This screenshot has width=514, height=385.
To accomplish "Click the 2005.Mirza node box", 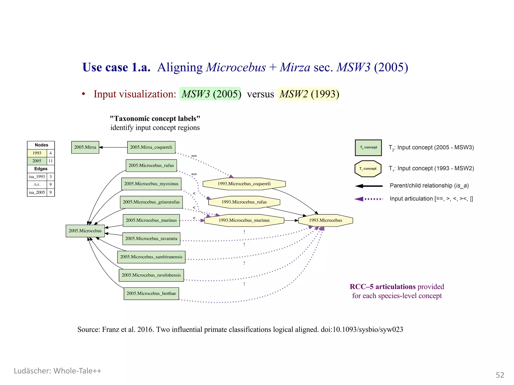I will pos(85,147).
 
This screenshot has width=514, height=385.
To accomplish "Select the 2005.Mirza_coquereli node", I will pos(151,147).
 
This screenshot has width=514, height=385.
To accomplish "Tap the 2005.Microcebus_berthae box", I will pos(151,294).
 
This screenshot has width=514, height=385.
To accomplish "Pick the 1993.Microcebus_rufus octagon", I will pos(244,202).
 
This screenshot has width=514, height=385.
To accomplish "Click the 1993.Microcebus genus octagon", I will pos(325,220).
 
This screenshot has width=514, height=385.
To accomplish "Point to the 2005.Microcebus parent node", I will pos(85,231).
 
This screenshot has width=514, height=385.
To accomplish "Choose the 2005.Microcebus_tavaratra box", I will pos(151,239).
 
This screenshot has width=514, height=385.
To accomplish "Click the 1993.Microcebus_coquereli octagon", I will pos(244,184).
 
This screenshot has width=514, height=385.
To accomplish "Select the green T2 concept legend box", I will pos(368,148).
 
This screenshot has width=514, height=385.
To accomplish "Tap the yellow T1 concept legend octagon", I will pos(368,169).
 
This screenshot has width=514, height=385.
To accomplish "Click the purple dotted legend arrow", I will pos(368,199).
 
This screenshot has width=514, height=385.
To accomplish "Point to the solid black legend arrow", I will pos(369,186).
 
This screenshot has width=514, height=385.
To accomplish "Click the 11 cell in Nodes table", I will pos(50,161).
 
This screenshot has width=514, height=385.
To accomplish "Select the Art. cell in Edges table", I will pos(37,185).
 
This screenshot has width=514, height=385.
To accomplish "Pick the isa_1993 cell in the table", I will pos(37,177).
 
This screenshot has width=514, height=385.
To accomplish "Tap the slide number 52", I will pos(500,375).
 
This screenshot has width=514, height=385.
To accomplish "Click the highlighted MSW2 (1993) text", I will pos(309,94).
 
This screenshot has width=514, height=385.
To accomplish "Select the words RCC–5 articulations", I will pos(382,287).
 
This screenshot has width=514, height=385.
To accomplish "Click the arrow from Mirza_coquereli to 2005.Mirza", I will pos(113,147).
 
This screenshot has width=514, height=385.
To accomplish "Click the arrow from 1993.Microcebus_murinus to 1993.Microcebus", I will pos(291,221).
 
